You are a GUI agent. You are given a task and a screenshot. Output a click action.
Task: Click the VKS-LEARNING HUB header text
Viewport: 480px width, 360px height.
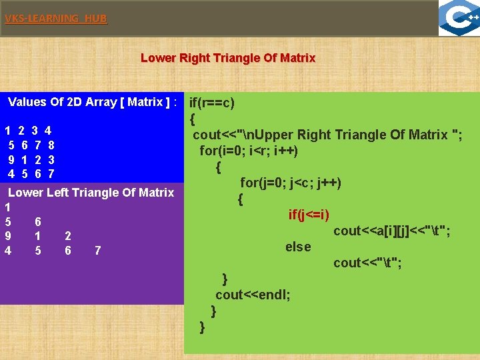(x=55, y=19)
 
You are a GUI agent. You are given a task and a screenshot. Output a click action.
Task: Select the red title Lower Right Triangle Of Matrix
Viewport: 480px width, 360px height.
(x=228, y=58)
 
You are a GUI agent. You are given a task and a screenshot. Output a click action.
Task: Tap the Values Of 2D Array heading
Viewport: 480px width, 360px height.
(x=92, y=102)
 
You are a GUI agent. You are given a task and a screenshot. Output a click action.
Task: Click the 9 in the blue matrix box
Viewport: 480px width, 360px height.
(x=11, y=160)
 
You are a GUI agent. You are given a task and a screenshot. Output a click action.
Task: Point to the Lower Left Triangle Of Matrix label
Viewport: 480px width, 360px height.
(x=91, y=193)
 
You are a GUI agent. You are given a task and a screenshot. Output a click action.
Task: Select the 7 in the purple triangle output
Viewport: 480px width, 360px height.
(x=98, y=251)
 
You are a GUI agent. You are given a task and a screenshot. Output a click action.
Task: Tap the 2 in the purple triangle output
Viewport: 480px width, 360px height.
(x=68, y=236)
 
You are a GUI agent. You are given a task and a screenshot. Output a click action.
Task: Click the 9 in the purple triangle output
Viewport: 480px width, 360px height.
(x=7, y=236)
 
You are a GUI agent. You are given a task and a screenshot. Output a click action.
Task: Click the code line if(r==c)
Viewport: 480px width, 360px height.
(x=212, y=103)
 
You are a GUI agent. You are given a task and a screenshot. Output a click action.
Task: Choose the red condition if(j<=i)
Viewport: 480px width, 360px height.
(x=309, y=215)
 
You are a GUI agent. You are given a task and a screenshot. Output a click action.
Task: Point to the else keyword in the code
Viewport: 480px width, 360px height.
(x=298, y=247)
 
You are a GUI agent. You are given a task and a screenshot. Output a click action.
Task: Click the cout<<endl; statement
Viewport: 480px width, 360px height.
(x=253, y=295)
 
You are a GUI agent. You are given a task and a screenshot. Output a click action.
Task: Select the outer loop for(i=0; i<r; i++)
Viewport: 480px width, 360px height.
(x=249, y=151)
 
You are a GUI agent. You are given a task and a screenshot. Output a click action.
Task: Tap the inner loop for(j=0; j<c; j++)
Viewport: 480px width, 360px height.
(x=291, y=183)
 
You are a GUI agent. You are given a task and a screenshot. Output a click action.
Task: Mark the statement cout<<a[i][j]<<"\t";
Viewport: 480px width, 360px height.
(x=391, y=231)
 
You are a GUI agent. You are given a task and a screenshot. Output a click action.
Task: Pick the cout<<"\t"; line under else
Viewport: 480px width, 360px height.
(x=367, y=263)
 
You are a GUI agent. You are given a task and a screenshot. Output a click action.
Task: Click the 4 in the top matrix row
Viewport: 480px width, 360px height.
(x=48, y=131)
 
